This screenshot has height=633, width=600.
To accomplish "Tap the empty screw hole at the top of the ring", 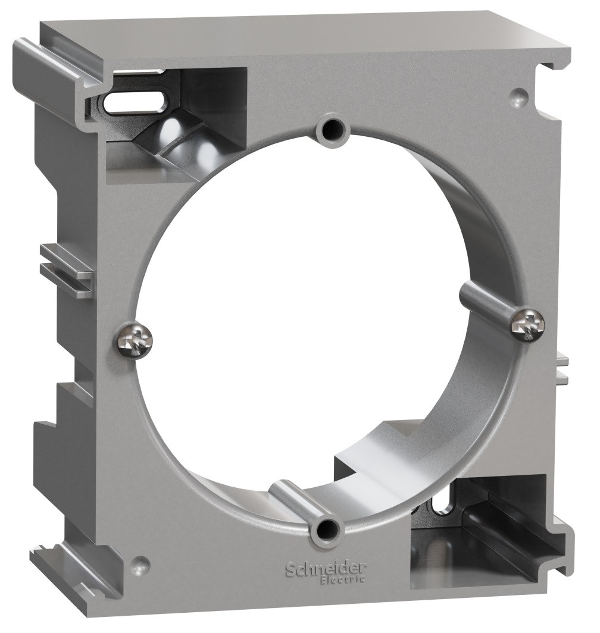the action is tap(333, 130).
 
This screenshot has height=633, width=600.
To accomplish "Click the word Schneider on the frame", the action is tap(326, 569).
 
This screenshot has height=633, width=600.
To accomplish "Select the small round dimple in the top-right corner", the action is tap(519, 96).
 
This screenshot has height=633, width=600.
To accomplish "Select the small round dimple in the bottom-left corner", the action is tap(140, 563).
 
